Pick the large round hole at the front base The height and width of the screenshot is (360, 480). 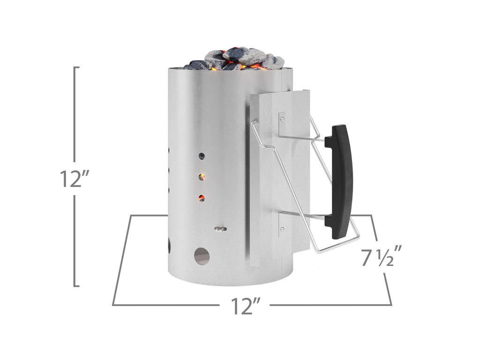pos(202,255)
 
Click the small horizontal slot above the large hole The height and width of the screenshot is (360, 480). pos(220,229)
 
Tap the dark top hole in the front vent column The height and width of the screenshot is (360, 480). pos(202,155)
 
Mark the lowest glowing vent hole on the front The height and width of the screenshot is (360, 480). pos(202,198)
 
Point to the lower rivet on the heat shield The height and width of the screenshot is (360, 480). pos(281,229)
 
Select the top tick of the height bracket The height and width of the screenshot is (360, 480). pos(77,67)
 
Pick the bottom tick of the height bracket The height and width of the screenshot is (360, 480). pos(77,285)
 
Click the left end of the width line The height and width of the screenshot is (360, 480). pos(113,305)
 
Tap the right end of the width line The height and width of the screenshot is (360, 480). pos(391,305)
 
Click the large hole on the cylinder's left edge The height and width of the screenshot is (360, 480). pos(168,244)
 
